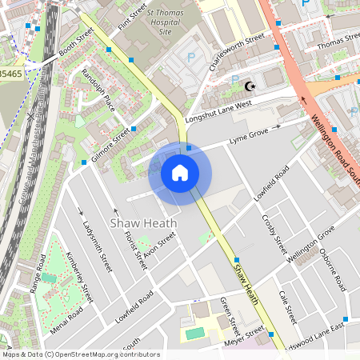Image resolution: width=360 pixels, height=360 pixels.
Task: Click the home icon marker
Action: (180, 173)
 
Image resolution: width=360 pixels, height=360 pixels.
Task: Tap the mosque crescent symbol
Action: (250, 85)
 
